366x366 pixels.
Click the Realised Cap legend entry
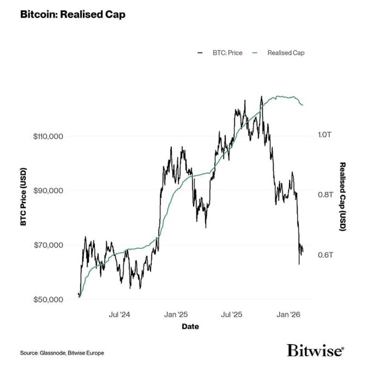pos(283,53)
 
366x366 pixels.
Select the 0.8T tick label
pos(325,195)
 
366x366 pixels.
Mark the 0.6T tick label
pos(325,255)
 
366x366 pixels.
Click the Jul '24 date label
pos(119,315)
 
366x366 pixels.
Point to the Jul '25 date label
pos(231,315)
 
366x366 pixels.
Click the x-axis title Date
pos(190,327)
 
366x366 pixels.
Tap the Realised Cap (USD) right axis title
pos(342,196)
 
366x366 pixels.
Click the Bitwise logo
pos(315,350)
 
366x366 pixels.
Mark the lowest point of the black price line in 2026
pos(299,264)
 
